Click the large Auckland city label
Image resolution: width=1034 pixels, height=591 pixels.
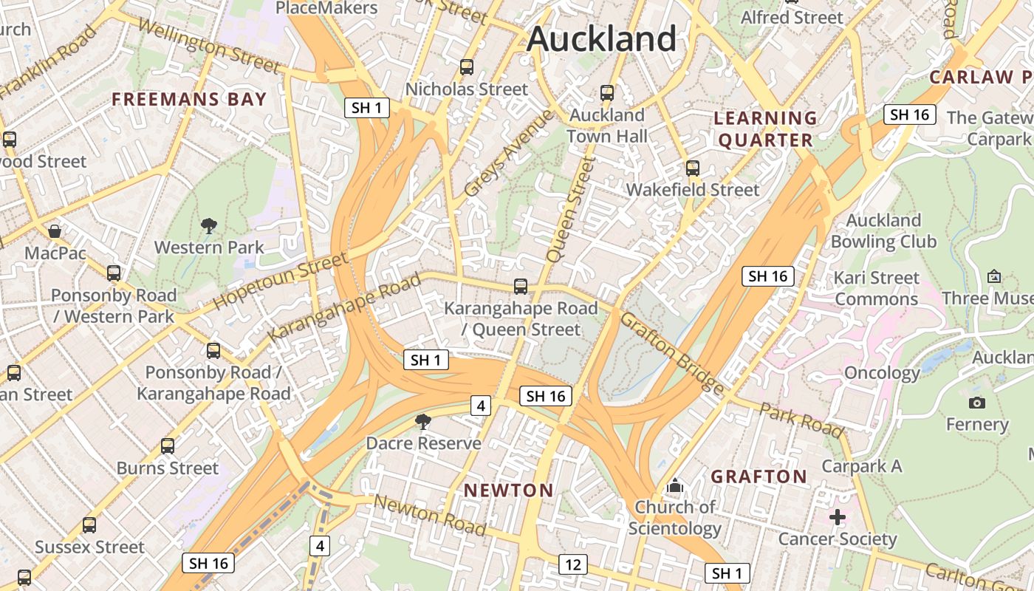coord(601,38)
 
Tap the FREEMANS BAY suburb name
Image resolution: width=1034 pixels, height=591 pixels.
coord(189,100)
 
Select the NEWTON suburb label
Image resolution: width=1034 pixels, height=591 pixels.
coord(508,491)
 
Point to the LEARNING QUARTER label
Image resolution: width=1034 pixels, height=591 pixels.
coord(765,129)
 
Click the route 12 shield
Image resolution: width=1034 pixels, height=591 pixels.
coord(572,565)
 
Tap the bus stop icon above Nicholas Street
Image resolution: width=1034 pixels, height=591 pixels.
coord(466,67)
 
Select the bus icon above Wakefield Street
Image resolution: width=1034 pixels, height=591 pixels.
coord(692,168)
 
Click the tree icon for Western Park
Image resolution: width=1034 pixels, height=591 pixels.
coord(209,225)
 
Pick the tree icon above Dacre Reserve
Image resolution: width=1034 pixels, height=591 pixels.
coord(423,422)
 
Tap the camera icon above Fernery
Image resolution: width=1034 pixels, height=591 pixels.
coord(976,403)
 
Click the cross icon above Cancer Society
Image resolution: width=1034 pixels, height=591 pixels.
coord(837,517)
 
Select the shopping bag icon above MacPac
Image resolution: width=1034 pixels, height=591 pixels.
coord(55,231)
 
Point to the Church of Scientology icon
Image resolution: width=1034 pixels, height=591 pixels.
coord(674,486)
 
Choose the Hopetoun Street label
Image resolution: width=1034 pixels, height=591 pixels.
coord(280,281)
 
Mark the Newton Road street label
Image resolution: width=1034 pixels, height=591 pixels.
coord(429,515)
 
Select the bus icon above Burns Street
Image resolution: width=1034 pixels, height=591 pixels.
coord(168,446)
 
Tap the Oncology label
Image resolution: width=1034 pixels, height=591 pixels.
coord(882,372)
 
